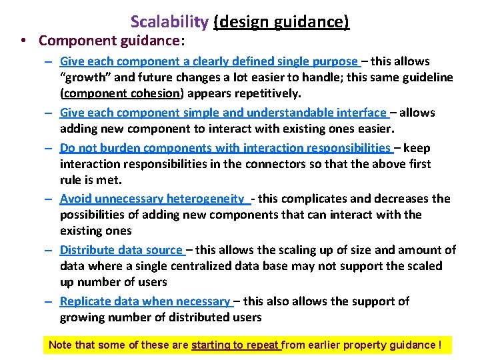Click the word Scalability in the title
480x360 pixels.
tap(169, 22)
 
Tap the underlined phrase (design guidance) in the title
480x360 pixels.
tap(281, 22)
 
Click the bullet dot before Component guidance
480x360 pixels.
tap(23, 41)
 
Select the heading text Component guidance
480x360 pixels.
tap(108, 41)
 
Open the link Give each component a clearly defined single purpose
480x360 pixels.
tap(209, 61)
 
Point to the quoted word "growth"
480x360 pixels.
tap(83, 77)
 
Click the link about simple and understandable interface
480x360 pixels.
tap(223, 113)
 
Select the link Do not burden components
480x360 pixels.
tap(225, 148)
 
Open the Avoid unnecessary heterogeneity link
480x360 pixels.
tap(153, 199)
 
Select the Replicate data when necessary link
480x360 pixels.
tap(145, 301)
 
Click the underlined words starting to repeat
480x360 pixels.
tap(236, 345)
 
